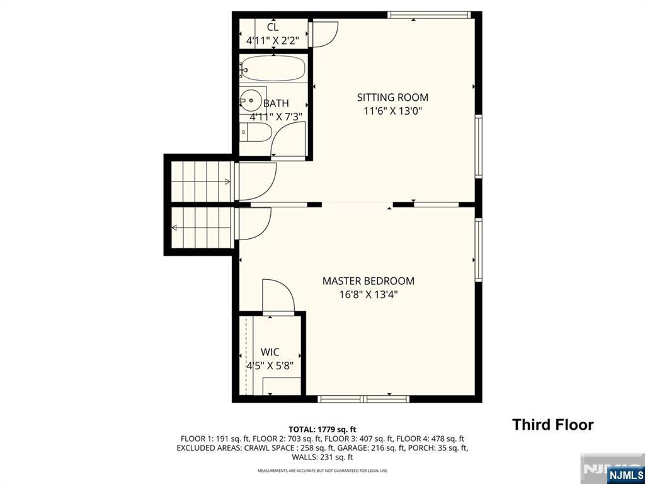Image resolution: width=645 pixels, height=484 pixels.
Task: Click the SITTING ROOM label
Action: [x=392, y=97]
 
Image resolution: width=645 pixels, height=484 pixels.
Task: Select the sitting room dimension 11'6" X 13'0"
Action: [x=392, y=112]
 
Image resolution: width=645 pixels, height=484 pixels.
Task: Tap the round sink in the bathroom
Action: [x=250, y=100]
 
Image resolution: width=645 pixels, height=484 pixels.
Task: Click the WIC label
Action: [x=270, y=352]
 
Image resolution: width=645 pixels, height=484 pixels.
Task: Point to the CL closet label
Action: [x=273, y=27]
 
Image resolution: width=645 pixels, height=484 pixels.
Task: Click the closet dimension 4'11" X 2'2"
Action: [x=273, y=41]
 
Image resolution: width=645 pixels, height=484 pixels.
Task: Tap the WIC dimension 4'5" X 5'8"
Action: [x=270, y=365]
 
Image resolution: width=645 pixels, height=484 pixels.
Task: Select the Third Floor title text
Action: [x=552, y=425]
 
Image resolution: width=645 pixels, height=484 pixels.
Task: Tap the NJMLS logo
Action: [x=625, y=474]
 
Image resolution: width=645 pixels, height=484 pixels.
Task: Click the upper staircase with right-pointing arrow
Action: [x=200, y=181]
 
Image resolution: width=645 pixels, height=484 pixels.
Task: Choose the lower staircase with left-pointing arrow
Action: [x=200, y=228]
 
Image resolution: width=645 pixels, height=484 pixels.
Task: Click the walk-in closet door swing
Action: [x=278, y=296]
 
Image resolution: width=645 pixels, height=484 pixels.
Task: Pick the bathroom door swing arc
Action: [x=288, y=139]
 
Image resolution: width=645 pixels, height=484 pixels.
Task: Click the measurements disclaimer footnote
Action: [x=322, y=471]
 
